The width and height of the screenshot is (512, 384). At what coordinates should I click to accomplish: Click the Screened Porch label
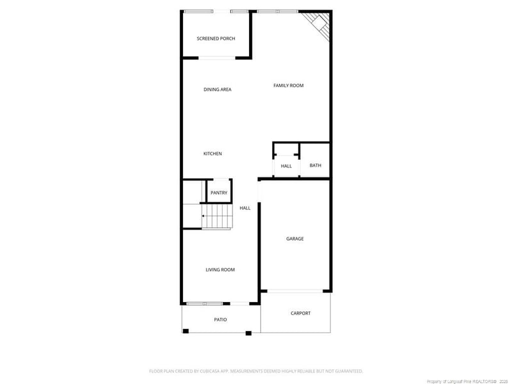(x=216, y=39)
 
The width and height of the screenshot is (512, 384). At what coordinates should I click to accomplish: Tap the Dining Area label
(x=217, y=90)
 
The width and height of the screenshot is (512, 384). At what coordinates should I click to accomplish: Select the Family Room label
(x=288, y=86)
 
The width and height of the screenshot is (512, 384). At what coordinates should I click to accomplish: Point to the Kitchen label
(x=212, y=154)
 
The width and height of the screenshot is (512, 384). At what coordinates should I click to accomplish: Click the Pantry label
(x=219, y=193)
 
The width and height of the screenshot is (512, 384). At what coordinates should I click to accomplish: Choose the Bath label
(x=316, y=166)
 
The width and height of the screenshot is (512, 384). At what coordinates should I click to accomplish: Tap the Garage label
(x=294, y=239)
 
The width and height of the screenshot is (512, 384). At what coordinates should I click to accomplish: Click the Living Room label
(x=220, y=270)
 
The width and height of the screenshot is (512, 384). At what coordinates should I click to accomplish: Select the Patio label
(x=220, y=319)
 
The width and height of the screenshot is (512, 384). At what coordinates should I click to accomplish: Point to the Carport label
(x=300, y=313)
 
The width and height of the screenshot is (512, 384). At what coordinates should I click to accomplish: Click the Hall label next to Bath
(x=286, y=166)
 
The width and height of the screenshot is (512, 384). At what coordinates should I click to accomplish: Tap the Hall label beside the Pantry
(x=245, y=208)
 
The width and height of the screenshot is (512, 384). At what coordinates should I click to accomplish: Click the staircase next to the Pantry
(x=217, y=216)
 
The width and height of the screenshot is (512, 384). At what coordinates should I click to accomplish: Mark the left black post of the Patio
(x=186, y=331)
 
